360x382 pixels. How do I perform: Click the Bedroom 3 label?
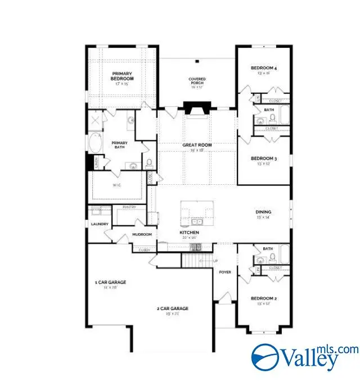tap(263, 159)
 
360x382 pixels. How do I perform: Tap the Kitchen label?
tap(189, 232)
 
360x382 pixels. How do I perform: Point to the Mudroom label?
tap(142, 234)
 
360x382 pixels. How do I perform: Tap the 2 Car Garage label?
tap(172, 308)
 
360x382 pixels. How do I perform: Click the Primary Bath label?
tap(119, 144)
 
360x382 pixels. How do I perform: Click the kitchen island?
tap(196, 212)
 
